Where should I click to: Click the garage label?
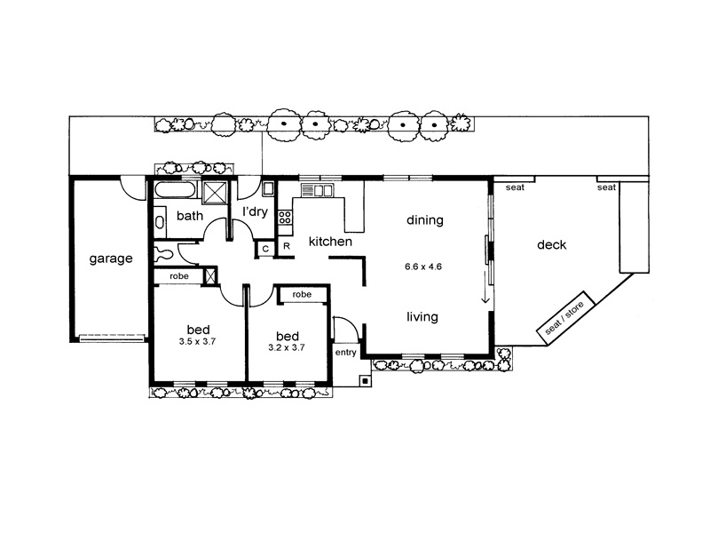click(111, 259)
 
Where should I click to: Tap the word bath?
click(190, 216)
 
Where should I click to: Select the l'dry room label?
click(255, 211)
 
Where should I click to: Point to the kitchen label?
click(330, 242)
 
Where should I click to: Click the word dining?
click(425, 220)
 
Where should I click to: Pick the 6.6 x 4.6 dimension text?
click(423, 266)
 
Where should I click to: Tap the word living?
click(422, 316)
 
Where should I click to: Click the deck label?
click(551, 245)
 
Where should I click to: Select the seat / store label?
click(564, 318)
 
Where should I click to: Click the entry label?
click(345, 353)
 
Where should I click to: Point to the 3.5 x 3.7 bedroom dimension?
click(197, 342)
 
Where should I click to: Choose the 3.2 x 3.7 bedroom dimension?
click(286, 348)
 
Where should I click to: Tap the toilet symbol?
click(162, 253)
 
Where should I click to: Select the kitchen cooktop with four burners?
click(285, 218)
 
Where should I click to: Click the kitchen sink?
click(318, 190)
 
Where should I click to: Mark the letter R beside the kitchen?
click(286, 247)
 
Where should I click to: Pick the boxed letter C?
click(265, 249)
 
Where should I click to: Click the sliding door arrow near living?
click(485, 287)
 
